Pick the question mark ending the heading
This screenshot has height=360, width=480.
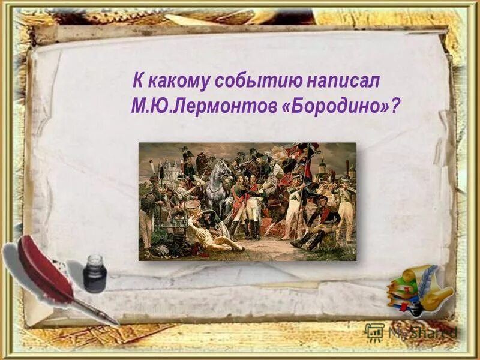(394, 105)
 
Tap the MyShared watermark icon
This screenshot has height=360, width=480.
(374, 332)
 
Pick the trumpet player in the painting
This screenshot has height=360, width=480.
(328, 180)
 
